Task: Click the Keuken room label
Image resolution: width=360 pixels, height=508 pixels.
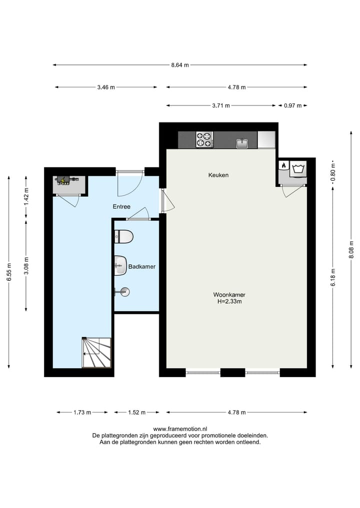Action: click(x=218, y=175)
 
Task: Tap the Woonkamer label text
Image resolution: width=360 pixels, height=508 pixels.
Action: click(x=229, y=295)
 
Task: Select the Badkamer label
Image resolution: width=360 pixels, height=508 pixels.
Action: click(x=142, y=267)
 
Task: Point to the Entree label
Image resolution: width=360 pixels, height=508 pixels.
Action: click(x=121, y=206)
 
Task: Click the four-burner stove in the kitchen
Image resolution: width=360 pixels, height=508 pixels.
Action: click(x=204, y=140)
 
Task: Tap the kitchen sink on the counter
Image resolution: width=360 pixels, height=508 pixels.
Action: click(x=242, y=143)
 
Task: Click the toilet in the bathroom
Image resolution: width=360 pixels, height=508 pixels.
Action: click(x=123, y=236)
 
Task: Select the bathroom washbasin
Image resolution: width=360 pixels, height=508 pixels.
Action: click(x=120, y=265)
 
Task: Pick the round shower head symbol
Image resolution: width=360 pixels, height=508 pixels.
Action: click(x=123, y=292)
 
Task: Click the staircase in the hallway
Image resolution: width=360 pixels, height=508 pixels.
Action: click(x=96, y=353)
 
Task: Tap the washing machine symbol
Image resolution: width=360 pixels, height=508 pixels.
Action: click(x=299, y=168)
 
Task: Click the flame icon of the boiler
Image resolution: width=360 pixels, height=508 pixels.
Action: click(x=283, y=165)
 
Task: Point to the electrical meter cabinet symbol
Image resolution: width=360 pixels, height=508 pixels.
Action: click(x=64, y=180)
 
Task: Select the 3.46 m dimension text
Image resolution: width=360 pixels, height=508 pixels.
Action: click(x=106, y=87)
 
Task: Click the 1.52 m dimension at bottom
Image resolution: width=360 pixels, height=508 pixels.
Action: click(x=136, y=413)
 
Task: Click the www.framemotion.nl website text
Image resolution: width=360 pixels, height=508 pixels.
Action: click(x=179, y=429)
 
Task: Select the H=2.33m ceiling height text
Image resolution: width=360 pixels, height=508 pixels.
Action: click(x=229, y=302)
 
